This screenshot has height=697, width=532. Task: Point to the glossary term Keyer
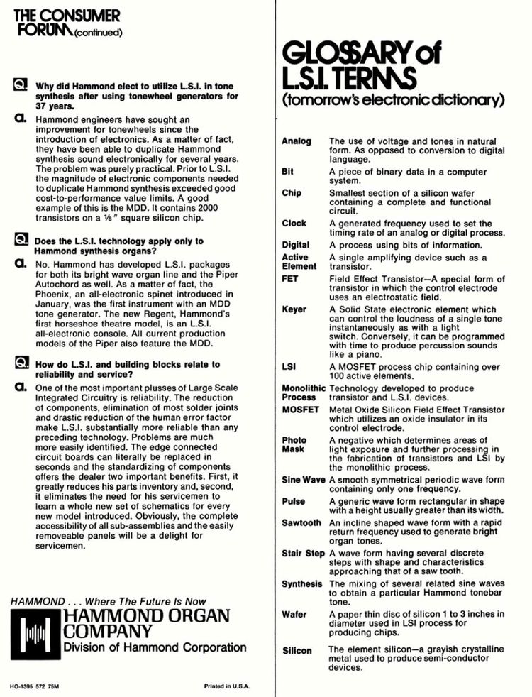click(294, 309)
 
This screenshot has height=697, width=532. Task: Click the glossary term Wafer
click(294, 614)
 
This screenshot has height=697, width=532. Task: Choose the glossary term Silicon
click(297, 650)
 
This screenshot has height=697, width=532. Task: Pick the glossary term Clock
click(294, 223)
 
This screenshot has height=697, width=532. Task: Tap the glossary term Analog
click(297, 141)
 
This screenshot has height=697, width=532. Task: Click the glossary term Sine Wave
click(304, 481)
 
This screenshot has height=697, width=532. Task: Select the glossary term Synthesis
click(301, 583)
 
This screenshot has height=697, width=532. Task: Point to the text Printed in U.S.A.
click(228, 686)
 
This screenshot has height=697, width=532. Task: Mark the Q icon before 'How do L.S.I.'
click(20, 363)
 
